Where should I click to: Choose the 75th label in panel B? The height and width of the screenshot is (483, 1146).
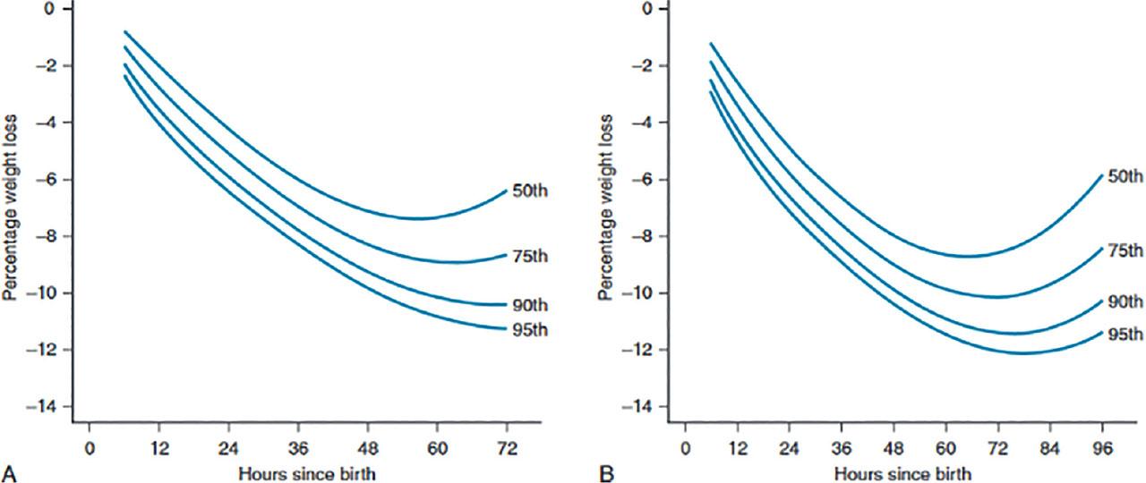[x=1125, y=250]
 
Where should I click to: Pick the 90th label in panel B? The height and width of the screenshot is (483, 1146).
[x=1125, y=301]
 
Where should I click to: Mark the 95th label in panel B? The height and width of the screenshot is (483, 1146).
[x=1125, y=335]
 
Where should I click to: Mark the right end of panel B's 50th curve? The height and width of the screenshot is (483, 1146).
[x=1102, y=176]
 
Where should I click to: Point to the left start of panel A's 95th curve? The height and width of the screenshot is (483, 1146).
[x=124, y=76]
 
